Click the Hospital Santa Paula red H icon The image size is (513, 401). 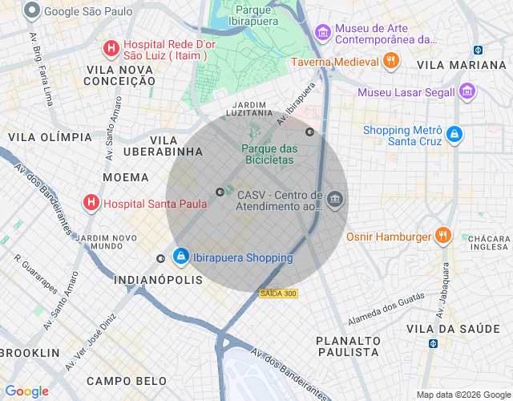click(91, 203)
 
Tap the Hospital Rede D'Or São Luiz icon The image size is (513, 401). click(111, 49)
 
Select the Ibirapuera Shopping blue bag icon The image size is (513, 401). click(181, 257)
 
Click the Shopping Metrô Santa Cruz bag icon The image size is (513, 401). click(454, 135)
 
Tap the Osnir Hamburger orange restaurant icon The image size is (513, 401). click(442, 236)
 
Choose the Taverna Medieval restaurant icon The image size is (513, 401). click(390, 61)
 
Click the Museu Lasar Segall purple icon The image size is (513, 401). click(467, 91)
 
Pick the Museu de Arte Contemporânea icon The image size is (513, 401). click(323, 33)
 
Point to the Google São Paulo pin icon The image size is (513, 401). click(32, 11)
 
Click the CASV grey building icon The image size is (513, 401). click(335, 200)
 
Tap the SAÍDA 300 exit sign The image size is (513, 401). click(279, 294)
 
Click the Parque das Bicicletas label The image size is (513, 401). click(269, 154)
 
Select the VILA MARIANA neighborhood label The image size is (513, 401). click(462, 65)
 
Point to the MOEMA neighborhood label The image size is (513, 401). click(126, 176)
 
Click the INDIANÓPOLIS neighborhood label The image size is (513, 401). click(159, 280)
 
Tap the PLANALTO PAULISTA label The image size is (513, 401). click(347, 346)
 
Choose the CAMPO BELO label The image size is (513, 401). click(127, 381)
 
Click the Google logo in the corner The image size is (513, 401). click(26, 391)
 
